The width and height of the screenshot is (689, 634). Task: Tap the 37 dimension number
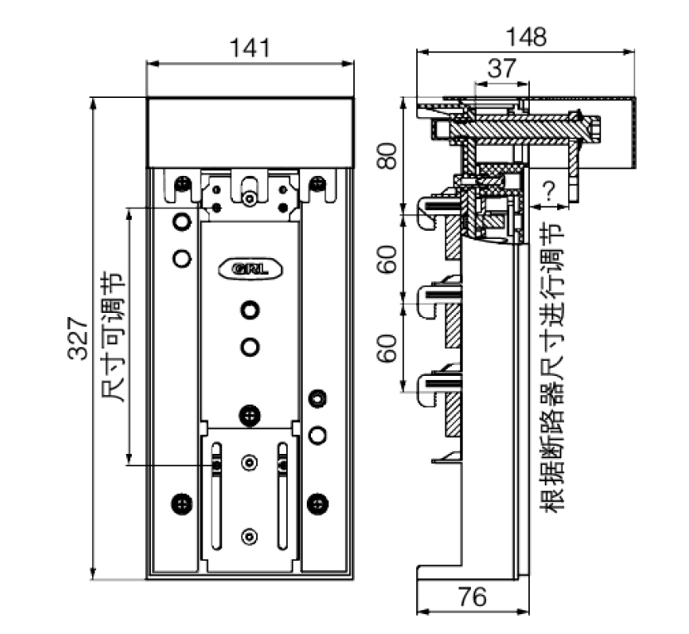pyautogui.click(x=500, y=69)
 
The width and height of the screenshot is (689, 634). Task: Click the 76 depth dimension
pyautogui.click(x=472, y=597)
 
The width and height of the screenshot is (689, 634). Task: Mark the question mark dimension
pyautogui.click(x=548, y=192)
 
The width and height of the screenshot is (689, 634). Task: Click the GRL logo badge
pyautogui.click(x=250, y=269)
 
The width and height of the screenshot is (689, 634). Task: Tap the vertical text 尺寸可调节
pyautogui.click(x=110, y=337)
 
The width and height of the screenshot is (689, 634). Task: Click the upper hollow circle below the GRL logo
pyautogui.click(x=250, y=310)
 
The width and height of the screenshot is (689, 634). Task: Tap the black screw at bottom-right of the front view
pyautogui.click(x=316, y=502)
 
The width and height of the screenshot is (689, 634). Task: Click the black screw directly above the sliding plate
pyautogui.click(x=250, y=413)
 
